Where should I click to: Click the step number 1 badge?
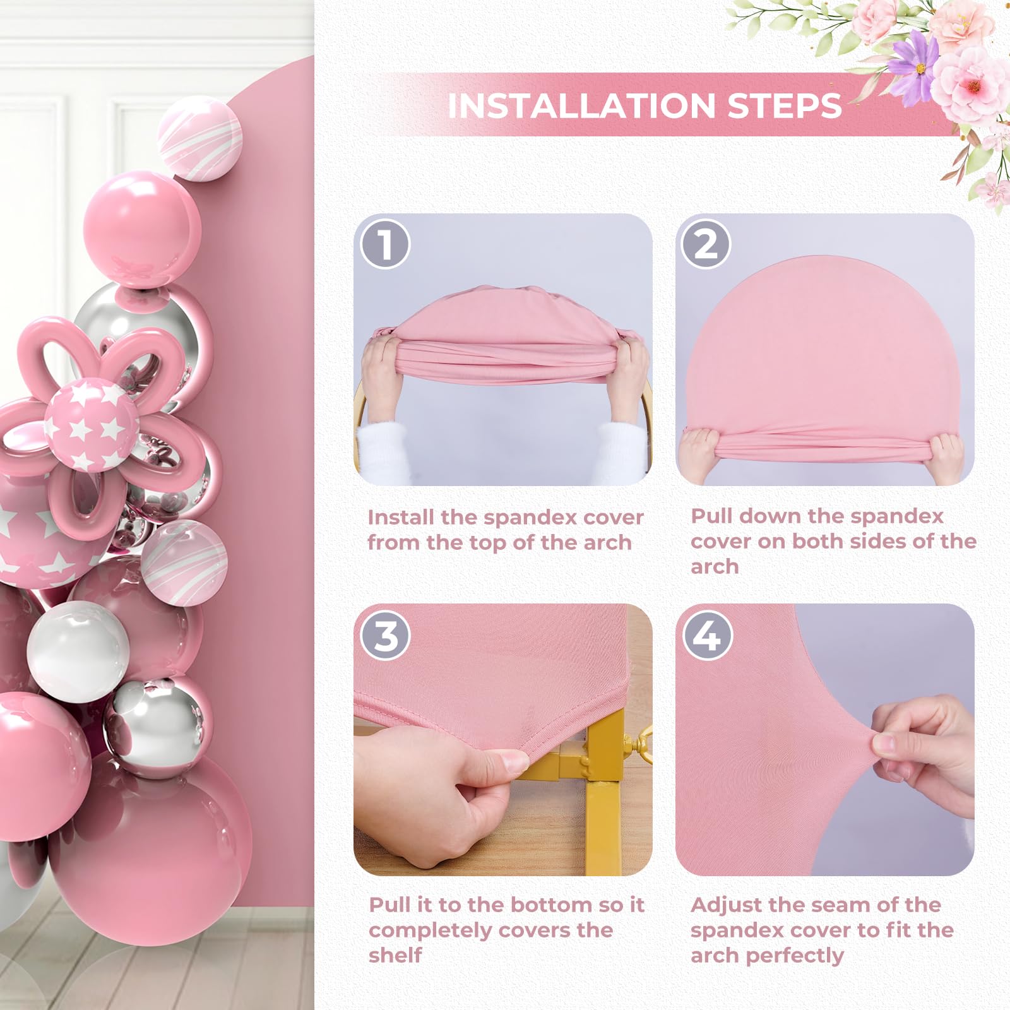coord(385,244)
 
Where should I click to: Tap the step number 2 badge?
coord(706,244)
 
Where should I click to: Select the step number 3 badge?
coord(385,635)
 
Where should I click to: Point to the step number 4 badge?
coord(707,635)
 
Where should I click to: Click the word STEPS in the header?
coord(785,105)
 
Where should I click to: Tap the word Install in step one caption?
coord(401,518)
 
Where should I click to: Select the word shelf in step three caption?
coord(395,955)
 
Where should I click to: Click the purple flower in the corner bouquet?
coord(915,64)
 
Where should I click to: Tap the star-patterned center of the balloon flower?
coord(92,424)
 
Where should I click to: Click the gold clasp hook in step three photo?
coord(638,745)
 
